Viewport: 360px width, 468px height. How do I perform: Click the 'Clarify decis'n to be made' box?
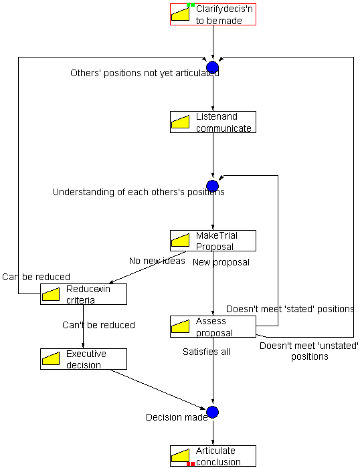pos(213,14)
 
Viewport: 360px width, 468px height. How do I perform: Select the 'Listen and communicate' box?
pos(213,122)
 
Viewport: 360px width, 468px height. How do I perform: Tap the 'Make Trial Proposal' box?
pos(213,241)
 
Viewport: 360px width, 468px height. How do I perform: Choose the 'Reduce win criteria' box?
pos(84,294)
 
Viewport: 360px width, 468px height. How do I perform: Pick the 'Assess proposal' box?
pos(213,326)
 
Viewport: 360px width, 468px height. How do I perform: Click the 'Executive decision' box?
pos(84,359)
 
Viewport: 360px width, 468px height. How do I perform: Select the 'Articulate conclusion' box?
pos(213,456)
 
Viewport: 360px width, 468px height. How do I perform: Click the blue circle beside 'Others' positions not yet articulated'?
pos(212,68)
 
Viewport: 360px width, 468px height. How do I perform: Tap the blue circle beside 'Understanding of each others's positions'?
pos(212,187)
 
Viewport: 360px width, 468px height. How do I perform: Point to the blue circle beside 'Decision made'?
pos(212,413)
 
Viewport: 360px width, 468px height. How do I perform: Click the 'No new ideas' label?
pos(157,261)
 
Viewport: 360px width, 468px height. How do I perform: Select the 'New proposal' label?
pos(221,262)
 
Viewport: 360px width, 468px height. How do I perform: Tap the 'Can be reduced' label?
pos(36,277)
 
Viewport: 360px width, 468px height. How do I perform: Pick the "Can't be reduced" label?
pos(98,325)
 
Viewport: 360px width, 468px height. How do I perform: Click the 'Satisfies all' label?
pos(207,352)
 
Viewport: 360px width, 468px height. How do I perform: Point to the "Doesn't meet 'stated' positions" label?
pos(290,309)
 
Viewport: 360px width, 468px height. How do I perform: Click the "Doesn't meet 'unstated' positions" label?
pos(309,351)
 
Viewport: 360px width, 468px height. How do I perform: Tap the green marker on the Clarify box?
pos(191,5)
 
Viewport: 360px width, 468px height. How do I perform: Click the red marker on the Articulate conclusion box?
pos(191,464)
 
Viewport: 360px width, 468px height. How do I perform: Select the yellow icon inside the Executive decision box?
pos(51,358)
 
